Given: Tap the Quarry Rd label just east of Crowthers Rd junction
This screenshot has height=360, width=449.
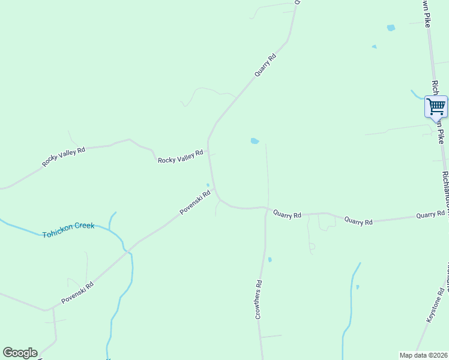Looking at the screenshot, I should (287, 214).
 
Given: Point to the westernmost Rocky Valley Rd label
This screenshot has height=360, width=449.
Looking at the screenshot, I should (64, 157).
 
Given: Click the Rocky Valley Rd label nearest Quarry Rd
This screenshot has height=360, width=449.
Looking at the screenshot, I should (180, 157).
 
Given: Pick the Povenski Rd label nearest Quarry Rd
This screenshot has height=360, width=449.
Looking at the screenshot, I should (195, 203).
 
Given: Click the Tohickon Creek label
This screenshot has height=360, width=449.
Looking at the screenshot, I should (68, 230).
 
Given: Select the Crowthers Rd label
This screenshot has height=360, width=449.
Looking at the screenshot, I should (258, 299).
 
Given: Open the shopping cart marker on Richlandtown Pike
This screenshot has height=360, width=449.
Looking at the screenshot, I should (436, 107).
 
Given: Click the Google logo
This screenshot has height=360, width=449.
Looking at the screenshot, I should (20, 353).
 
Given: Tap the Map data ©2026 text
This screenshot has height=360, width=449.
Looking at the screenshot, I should (423, 355).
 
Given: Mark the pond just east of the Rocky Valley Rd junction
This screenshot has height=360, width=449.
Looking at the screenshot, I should (255, 142).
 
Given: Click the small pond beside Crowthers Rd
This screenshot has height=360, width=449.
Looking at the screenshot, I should (270, 260).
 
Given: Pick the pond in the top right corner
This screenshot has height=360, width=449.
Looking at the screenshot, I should (391, 28).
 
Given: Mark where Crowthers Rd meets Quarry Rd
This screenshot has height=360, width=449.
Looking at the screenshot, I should (266, 208).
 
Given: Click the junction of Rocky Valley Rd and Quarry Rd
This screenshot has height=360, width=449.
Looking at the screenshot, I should (208, 153).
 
